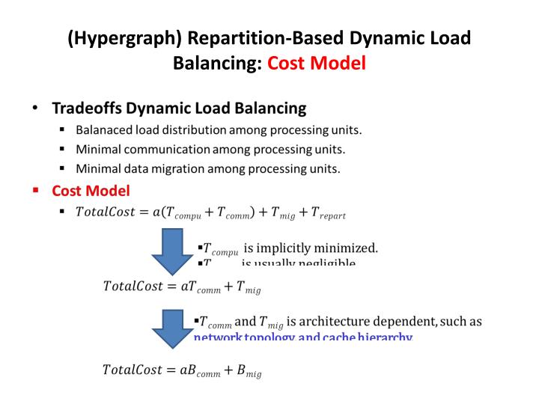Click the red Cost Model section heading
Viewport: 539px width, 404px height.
pyautogui.click(x=91, y=191)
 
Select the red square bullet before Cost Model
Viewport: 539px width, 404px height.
pyautogui.click(x=35, y=191)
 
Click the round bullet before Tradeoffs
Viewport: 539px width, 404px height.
pyautogui.click(x=35, y=108)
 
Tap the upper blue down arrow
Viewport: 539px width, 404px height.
pyautogui.click(x=173, y=253)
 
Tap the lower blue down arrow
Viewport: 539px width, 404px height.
pyautogui.click(x=173, y=330)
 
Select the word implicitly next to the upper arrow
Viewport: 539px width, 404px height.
pyautogui.click(x=284, y=248)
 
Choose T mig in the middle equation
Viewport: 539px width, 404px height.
pyautogui.click(x=248, y=287)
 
